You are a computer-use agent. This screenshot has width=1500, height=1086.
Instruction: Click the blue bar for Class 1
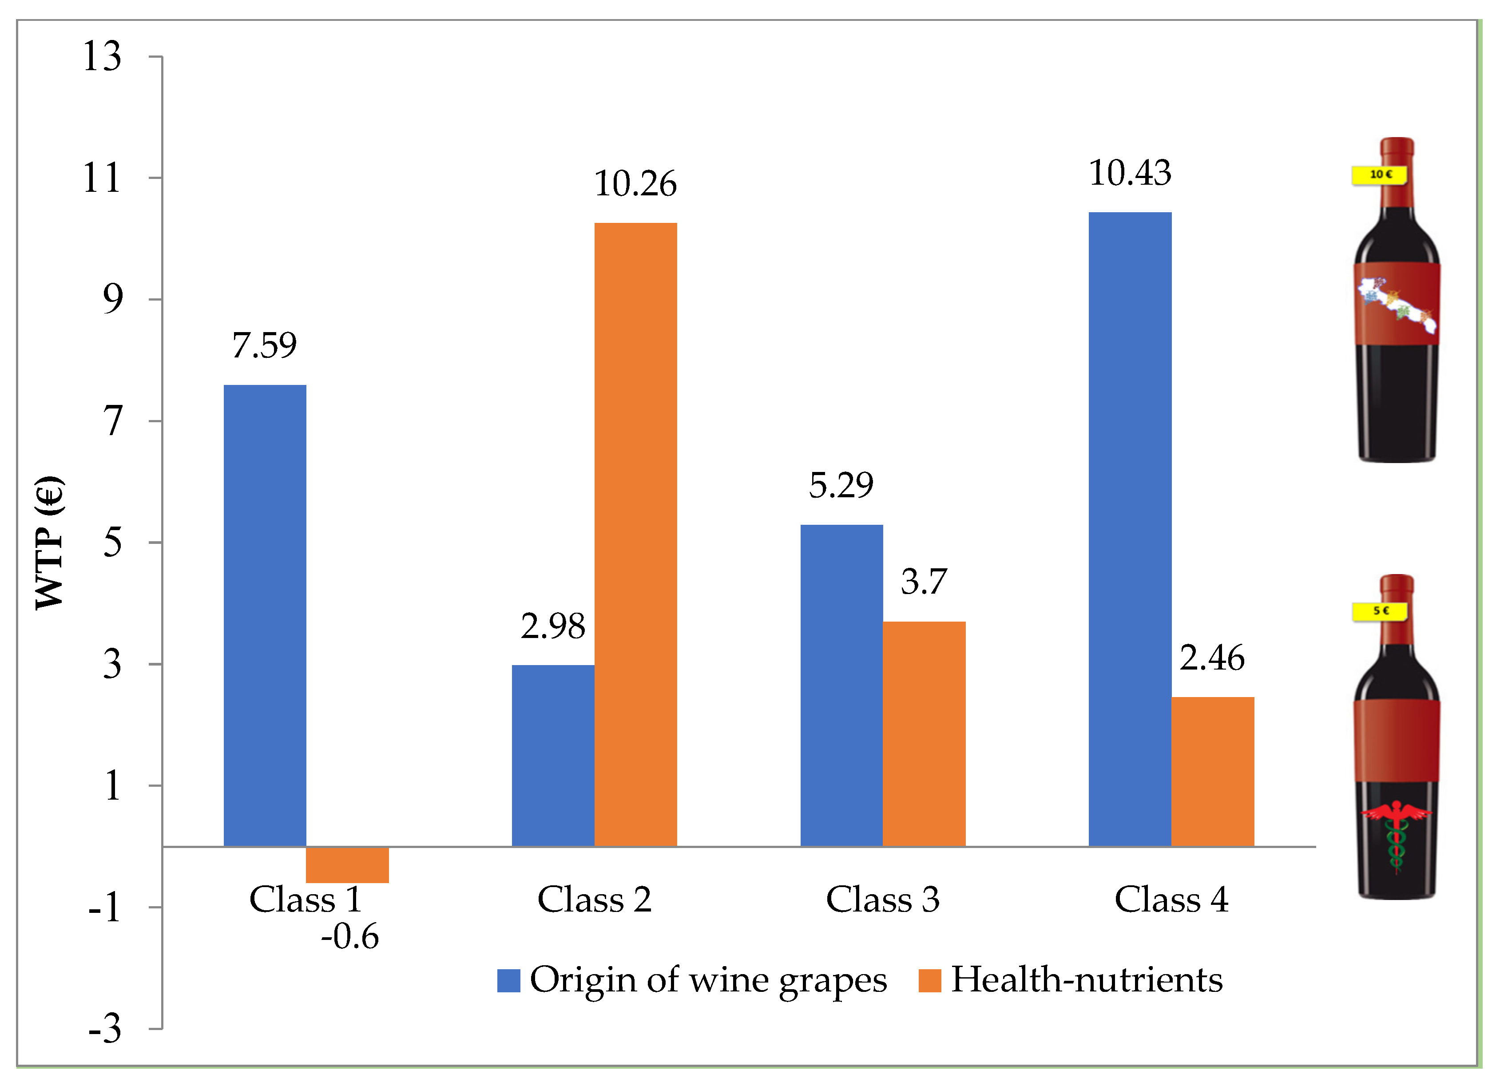click(x=265, y=615)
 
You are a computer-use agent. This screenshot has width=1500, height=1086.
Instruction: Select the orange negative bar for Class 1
click(x=347, y=864)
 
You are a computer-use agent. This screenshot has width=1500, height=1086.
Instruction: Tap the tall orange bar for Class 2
click(x=635, y=535)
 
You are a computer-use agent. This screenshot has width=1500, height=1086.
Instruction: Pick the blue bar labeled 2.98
click(x=553, y=755)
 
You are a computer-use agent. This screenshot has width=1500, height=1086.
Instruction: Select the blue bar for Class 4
click(x=1130, y=529)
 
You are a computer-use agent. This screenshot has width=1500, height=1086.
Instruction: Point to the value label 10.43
click(x=1130, y=173)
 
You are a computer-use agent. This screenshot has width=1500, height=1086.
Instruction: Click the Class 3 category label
click(x=882, y=900)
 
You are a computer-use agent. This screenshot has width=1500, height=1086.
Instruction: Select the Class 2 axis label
click(x=594, y=900)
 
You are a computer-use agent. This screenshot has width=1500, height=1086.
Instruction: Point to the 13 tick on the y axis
click(x=102, y=56)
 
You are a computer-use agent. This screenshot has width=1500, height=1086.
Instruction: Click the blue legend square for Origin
click(x=508, y=981)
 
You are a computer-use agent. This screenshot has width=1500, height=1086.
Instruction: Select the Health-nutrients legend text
click(x=1086, y=979)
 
